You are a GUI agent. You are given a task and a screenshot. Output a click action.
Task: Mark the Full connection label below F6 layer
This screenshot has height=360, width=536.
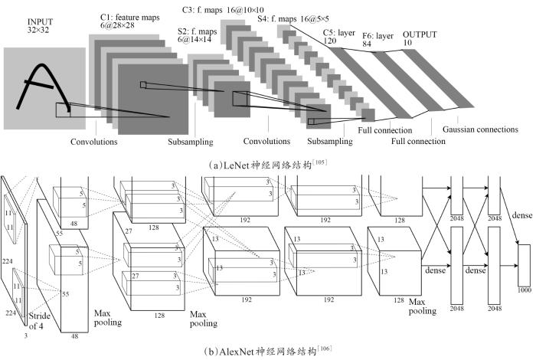click(417, 141)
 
